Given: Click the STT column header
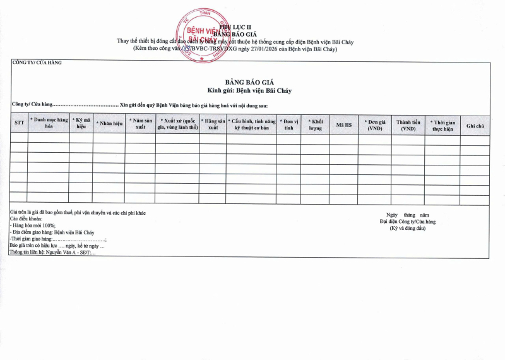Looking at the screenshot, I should [x=19, y=123].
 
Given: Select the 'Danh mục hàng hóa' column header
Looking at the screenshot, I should [x=49, y=123].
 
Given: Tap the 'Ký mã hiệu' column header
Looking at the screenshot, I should [x=81, y=123].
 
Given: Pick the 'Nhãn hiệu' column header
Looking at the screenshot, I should [x=109, y=123].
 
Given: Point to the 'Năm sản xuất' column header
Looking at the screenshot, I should [x=140, y=123].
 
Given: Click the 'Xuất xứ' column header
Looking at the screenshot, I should [x=177, y=123].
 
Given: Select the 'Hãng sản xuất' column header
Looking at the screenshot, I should [x=213, y=123].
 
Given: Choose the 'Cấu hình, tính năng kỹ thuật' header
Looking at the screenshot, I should [x=251, y=123].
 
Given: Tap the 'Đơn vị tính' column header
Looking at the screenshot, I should [x=288, y=123].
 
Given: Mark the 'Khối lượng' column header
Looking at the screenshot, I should [x=315, y=123].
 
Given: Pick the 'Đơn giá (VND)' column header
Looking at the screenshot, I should [x=375, y=123].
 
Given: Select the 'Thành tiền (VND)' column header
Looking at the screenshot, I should [x=408, y=123].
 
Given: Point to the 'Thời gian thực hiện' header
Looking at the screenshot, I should [x=442, y=123].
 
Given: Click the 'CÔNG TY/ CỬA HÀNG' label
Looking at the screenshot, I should [x=37, y=62].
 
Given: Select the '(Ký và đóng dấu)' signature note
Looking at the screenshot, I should [x=407, y=227].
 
